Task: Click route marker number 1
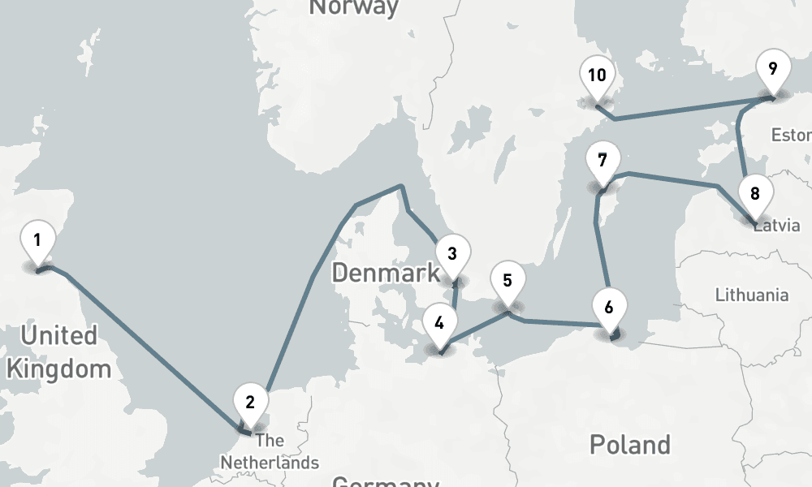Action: coord(37,240)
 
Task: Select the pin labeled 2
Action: coord(250,402)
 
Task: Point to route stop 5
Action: coord(508,282)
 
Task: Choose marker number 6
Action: coord(610,307)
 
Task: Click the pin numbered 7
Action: coord(602,160)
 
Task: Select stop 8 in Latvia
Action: coord(755,194)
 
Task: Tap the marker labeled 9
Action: coord(772,68)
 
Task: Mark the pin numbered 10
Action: coord(597,76)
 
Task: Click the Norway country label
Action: coord(354,7)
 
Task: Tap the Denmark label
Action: coord(386,273)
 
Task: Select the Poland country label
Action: coord(630,444)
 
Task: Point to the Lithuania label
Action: coord(752,295)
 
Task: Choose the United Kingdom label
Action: coord(58,351)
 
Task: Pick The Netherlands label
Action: coord(270,452)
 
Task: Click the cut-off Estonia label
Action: coord(791,135)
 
